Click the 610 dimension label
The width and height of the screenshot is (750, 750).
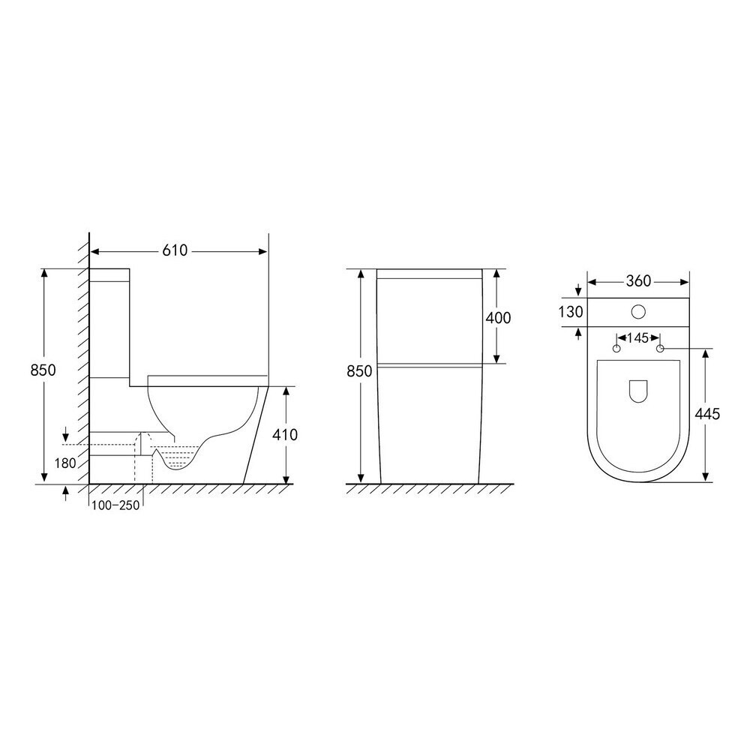[x=175, y=250]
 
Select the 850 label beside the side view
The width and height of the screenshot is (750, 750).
[x=43, y=370]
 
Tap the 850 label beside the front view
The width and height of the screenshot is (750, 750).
[x=359, y=371]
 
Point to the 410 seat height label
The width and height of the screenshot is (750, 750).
[x=285, y=435]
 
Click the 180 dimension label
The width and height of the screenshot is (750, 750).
[x=65, y=463]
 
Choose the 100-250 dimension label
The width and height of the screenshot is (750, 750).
[x=115, y=505]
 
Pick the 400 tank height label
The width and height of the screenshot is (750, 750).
[x=499, y=317]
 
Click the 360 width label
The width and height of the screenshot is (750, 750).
[x=638, y=281]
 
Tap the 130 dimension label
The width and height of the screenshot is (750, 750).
[x=571, y=312]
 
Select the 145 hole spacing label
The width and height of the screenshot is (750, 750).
[x=638, y=338]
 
